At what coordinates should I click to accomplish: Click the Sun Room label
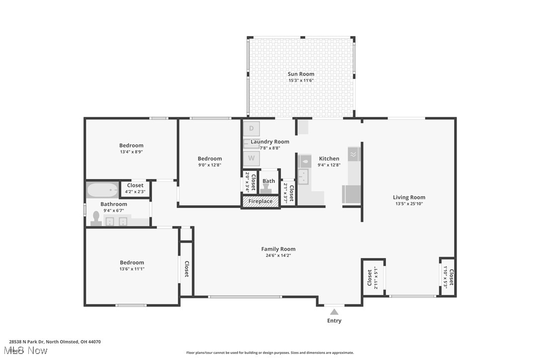click(x=301, y=74)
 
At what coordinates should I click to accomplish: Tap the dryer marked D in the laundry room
click(x=252, y=128)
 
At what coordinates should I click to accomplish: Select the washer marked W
click(x=252, y=159)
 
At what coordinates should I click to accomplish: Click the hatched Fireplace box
click(x=261, y=201)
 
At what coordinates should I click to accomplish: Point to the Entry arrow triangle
click(x=334, y=312)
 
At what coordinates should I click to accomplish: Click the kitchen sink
click(x=303, y=176)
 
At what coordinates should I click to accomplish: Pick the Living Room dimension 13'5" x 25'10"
click(x=409, y=203)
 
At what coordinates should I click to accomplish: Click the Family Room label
click(x=278, y=249)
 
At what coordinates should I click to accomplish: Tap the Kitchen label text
click(x=329, y=159)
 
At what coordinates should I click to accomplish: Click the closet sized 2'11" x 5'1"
click(x=373, y=277)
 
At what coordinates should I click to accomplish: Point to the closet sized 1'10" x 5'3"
click(x=448, y=277)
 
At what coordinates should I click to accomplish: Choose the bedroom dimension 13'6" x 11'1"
click(x=132, y=269)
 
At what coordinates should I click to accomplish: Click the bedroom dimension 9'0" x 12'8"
click(x=209, y=165)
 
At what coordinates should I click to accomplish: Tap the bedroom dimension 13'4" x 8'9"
click(x=131, y=152)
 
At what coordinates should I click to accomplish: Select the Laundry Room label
click(x=270, y=142)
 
